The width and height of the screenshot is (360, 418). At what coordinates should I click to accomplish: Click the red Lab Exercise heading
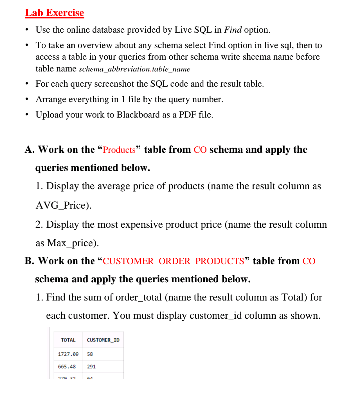pyautogui.click(x=54, y=13)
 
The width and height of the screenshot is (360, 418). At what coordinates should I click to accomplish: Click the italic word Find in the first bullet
pyautogui.click(x=233, y=30)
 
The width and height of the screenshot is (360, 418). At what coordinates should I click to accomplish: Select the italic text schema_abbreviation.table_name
pyautogui.click(x=134, y=69)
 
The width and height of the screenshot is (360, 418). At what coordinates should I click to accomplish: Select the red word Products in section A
pyautogui.click(x=119, y=150)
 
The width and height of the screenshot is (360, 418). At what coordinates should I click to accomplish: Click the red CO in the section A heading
pyautogui.click(x=200, y=150)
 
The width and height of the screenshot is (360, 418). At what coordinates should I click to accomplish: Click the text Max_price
pyautogui.click(x=72, y=243)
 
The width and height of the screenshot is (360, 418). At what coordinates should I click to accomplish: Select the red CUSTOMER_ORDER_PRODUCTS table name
pyautogui.click(x=173, y=261)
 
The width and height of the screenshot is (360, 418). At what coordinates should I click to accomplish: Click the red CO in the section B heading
pyautogui.click(x=309, y=261)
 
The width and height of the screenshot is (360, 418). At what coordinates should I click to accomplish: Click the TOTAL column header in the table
pyautogui.click(x=68, y=340)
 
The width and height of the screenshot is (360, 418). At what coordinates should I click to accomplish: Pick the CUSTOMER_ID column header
pyautogui.click(x=103, y=340)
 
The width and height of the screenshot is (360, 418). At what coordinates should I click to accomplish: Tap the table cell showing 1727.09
pyautogui.click(x=68, y=354)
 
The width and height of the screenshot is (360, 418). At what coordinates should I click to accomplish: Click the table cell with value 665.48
pyautogui.click(x=67, y=367)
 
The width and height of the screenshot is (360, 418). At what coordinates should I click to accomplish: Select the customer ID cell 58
pyautogui.click(x=90, y=354)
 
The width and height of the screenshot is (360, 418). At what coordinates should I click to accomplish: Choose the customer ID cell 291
pyautogui.click(x=91, y=367)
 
